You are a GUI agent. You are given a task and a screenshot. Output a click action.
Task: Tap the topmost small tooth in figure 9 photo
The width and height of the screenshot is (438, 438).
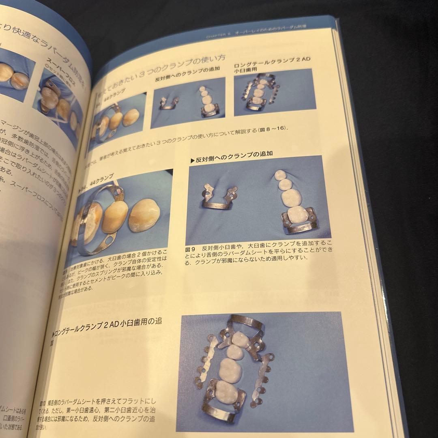click(x=280, y=176)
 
